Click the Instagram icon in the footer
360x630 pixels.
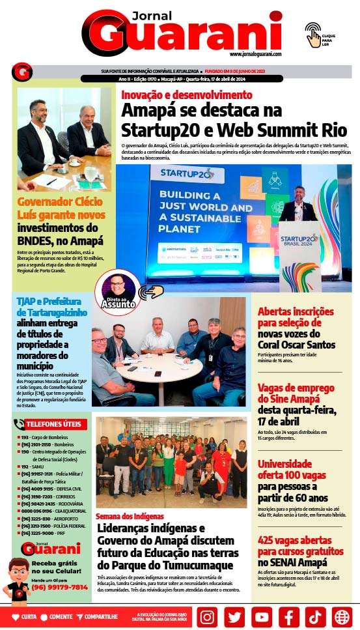pyautogui.click(x=207, y=616)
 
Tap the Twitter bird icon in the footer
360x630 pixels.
pyautogui.click(x=234, y=616)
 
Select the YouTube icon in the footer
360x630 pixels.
pyautogui.click(x=261, y=616)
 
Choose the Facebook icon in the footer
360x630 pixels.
pyautogui.click(x=288, y=616)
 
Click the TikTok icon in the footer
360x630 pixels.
pyautogui.click(x=315, y=616)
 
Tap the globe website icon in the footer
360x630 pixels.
pyautogui.click(x=342, y=616)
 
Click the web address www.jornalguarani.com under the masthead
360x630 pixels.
pyautogui.click(x=255, y=54)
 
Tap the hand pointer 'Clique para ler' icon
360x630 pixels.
pyautogui.click(x=314, y=35)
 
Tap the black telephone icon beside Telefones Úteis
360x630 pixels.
pyautogui.click(x=19, y=424)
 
